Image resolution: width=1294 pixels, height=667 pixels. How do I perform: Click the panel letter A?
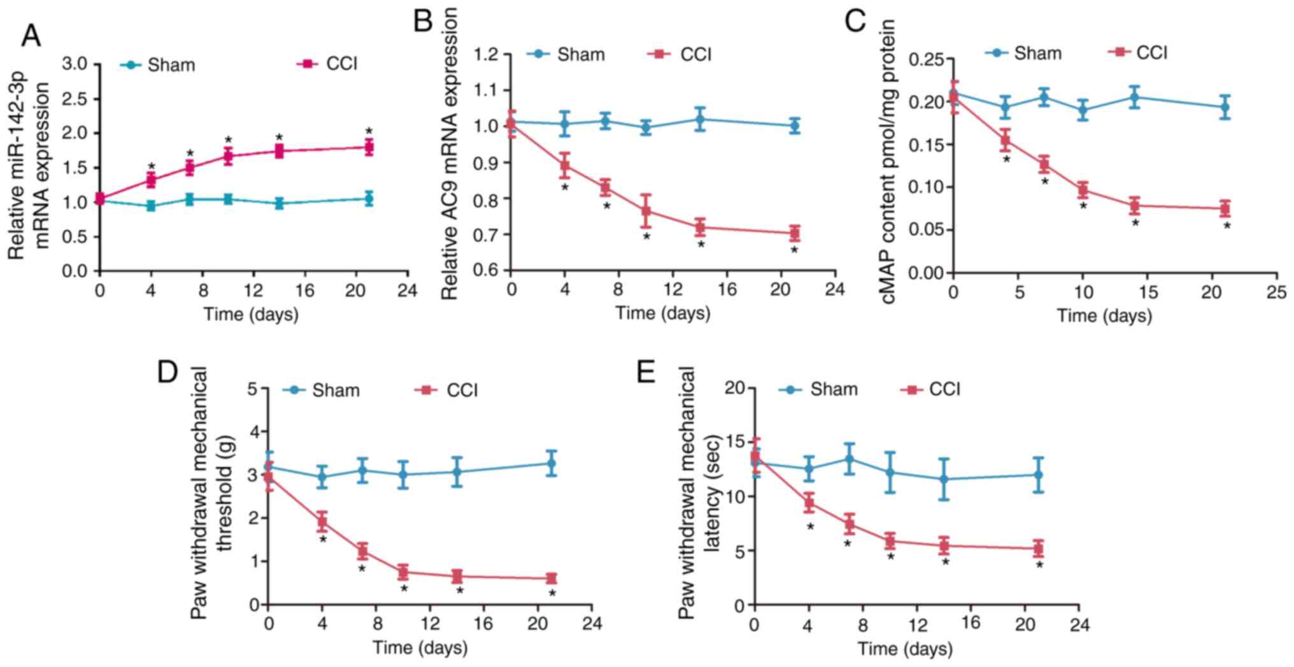click(x=31, y=35)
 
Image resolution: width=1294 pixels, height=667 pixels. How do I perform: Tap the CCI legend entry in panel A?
click(x=328, y=64)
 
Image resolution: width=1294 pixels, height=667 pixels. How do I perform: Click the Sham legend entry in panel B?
click(x=566, y=54)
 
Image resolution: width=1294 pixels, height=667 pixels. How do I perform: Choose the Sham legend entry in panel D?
click(x=322, y=390)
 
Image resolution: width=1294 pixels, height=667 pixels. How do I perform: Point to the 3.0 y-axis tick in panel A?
click(x=75, y=64)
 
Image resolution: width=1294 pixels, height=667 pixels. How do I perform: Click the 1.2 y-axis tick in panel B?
click(x=487, y=54)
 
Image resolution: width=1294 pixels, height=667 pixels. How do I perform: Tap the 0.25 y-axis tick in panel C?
click(x=927, y=60)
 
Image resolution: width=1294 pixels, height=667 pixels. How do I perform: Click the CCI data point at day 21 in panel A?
click(x=369, y=147)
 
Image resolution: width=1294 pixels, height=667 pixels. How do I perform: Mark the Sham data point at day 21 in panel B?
click(x=793, y=126)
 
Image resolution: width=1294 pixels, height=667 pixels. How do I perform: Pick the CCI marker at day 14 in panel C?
click(x=1134, y=206)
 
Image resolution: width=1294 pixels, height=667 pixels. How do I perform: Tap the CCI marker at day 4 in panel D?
click(x=322, y=523)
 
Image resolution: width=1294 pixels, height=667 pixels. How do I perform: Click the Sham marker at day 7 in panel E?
click(x=849, y=459)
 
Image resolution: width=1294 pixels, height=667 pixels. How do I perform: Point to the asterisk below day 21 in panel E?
click(x=1039, y=565)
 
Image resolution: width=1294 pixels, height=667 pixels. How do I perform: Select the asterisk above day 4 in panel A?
click(x=151, y=166)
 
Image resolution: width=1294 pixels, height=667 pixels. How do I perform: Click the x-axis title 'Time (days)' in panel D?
click(x=420, y=648)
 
